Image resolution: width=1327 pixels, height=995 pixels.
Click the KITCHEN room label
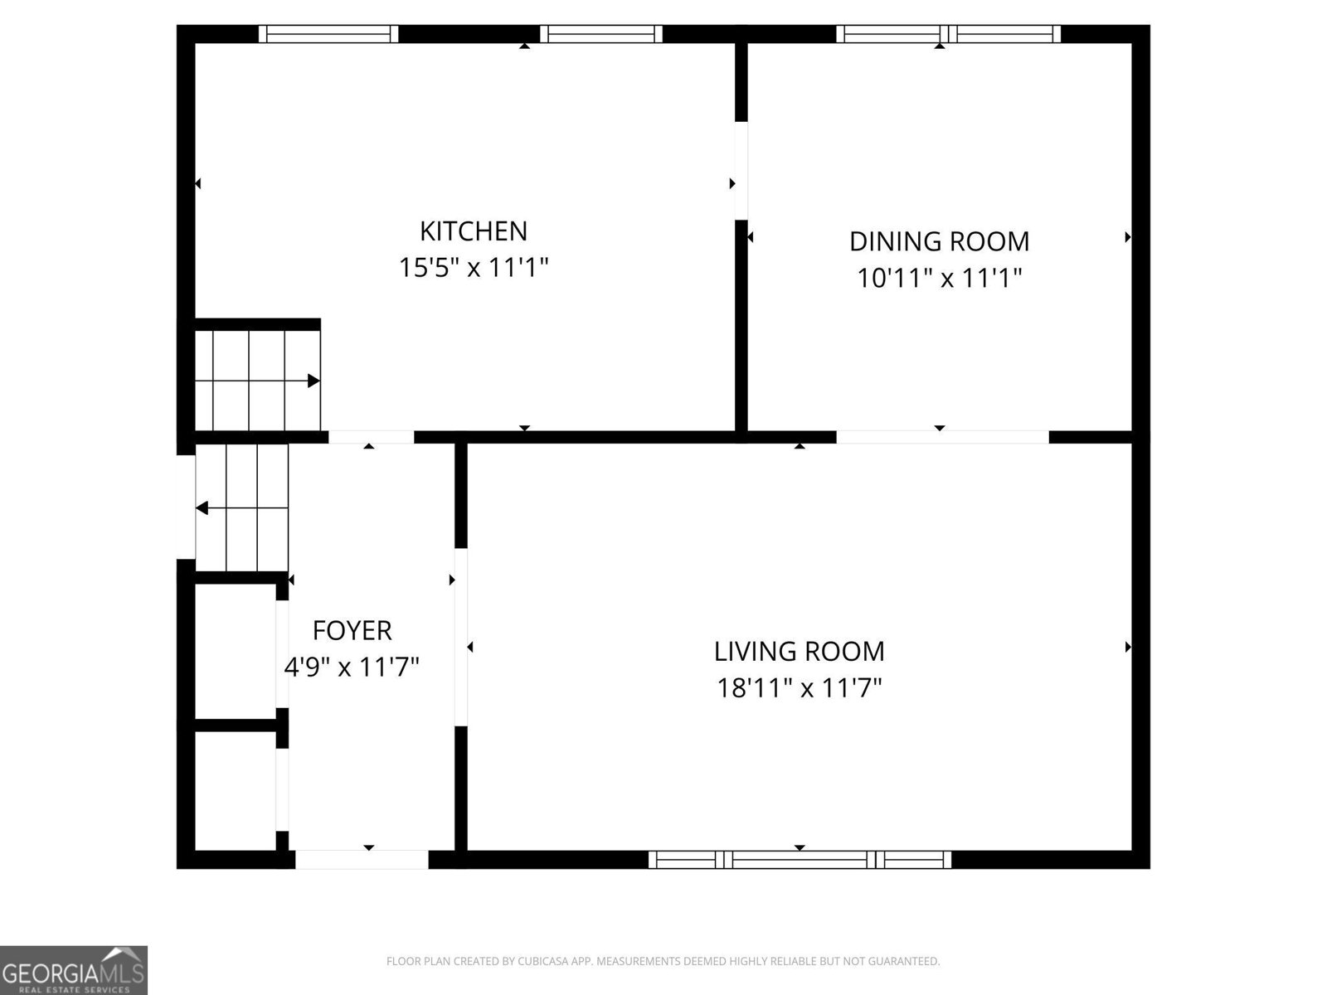[x=473, y=231]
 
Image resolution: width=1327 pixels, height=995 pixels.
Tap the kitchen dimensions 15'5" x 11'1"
[x=473, y=268]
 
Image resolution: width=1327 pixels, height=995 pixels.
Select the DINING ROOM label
[x=939, y=241]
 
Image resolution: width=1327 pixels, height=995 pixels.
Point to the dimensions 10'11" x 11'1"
[x=939, y=278]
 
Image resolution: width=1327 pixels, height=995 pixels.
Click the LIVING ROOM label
[x=799, y=651]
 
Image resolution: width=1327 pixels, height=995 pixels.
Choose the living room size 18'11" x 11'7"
[x=799, y=687]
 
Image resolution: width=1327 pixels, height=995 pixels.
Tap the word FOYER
[x=352, y=630]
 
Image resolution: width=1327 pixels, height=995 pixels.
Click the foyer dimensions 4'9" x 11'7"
[x=352, y=667]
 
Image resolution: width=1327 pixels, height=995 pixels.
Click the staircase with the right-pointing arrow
[x=257, y=381]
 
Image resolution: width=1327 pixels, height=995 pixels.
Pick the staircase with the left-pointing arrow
[x=242, y=507]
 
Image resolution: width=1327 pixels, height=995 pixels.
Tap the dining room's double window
[x=948, y=34]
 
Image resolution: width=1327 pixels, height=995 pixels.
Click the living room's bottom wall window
[x=800, y=860]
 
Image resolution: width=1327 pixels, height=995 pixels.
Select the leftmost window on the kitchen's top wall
[x=328, y=34]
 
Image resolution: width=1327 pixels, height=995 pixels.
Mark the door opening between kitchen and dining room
[x=741, y=171]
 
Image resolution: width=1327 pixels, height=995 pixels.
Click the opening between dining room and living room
[x=942, y=437]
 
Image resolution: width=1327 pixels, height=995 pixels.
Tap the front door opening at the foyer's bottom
[x=362, y=860]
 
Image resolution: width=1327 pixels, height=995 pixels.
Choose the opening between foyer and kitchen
[x=371, y=437]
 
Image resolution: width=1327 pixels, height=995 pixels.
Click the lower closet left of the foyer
[x=236, y=790]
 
